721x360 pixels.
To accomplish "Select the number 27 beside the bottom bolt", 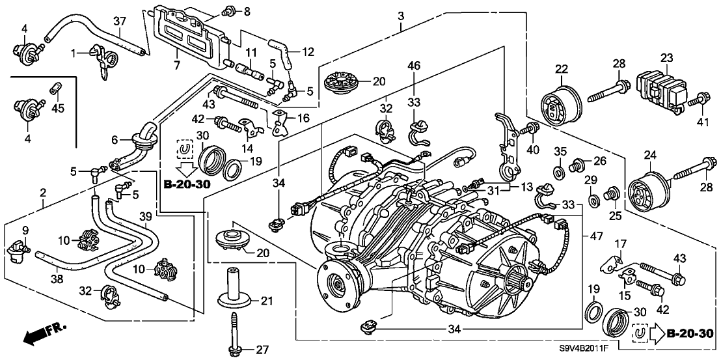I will click(x=262, y=350).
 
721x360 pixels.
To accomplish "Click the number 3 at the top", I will click(x=401, y=15).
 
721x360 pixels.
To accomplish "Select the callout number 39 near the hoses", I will click(x=146, y=217).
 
